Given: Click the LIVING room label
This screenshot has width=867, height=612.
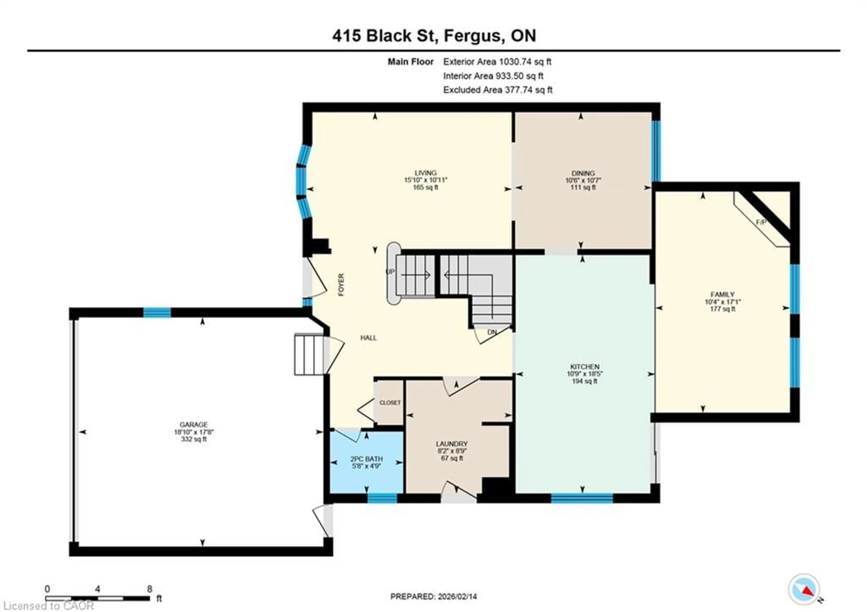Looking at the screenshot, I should (426, 173).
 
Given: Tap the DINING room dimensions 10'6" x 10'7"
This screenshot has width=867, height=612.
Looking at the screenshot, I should (583, 180).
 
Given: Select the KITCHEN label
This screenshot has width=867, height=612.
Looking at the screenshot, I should (585, 367).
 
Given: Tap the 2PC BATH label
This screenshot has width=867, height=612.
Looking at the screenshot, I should (366, 459).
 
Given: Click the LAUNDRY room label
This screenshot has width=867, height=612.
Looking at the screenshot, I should (452, 444).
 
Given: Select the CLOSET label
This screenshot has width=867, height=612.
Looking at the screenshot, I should (390, 403).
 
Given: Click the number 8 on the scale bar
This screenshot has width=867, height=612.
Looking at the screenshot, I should (149, 589).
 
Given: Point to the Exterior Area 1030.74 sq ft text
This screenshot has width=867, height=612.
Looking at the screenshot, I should (497, 62).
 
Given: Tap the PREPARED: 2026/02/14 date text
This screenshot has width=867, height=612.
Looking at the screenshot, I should (433, 596).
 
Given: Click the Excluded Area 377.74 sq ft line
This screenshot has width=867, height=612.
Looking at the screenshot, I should (497, 90).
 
